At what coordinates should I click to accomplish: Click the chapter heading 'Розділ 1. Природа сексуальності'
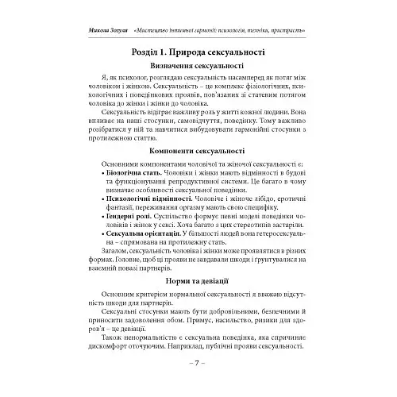(x=198, y=52)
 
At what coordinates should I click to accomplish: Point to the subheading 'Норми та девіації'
(x=198, y=282)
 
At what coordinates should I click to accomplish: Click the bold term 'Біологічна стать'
(x=136, y=172)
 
